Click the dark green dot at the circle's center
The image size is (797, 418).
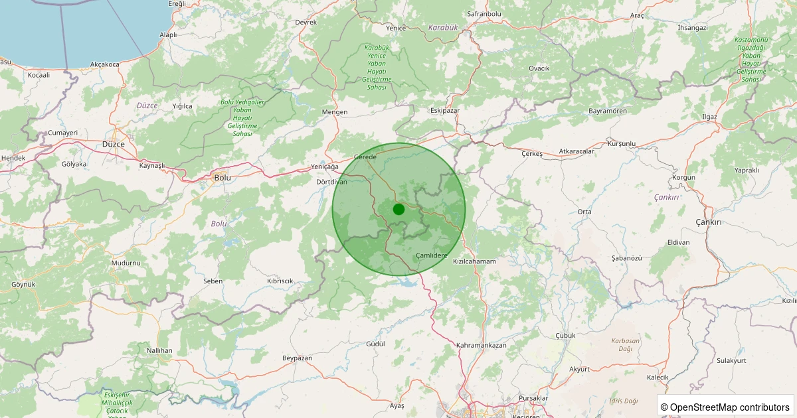tap(398, 210)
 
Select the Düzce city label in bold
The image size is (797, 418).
tap(114, 144)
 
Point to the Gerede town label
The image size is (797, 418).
tap(365, 157)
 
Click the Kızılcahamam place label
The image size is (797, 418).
tap(474, 261)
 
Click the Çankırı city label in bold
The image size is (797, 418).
tap(708, 222)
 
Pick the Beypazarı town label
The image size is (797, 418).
tap(297, 358)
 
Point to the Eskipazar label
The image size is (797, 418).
tap(445, 110)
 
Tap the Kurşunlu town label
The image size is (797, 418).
tap(622, 143)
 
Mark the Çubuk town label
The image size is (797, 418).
tap(565, 335)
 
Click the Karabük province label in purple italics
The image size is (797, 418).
tap(444, 27)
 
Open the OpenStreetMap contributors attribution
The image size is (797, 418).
tap(725, 407)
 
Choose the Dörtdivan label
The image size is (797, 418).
tap(331, 181)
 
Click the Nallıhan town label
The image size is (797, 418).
tap(159, 350)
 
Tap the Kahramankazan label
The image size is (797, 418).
tap(482, 346)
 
